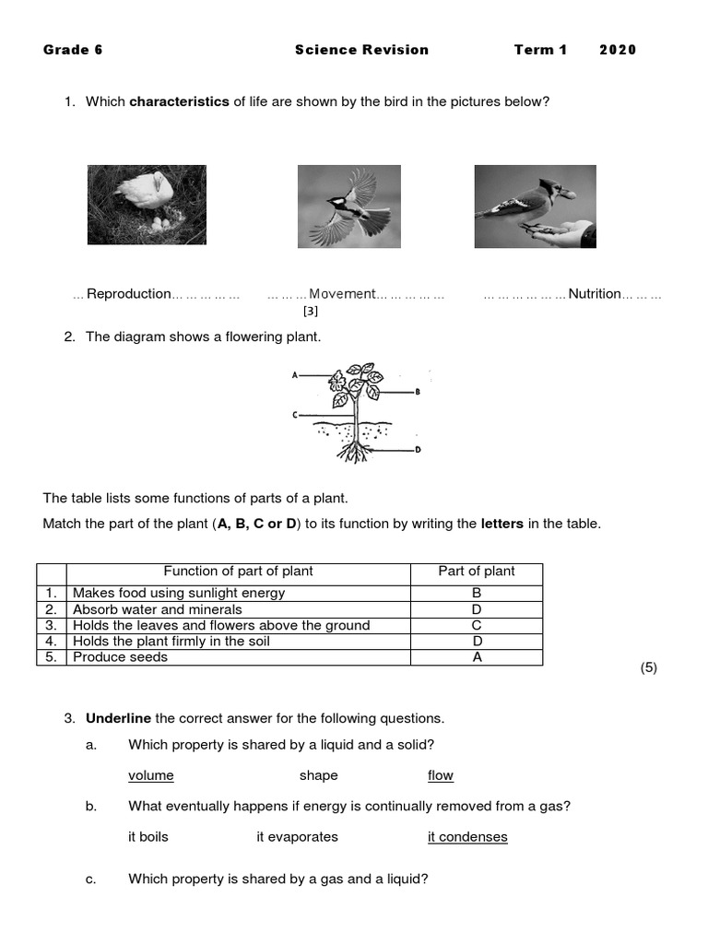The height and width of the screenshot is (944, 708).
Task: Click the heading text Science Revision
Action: pyautogui.click(x=361, y=50)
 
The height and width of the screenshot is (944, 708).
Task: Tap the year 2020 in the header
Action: pyautogui.click(x=618, y=50)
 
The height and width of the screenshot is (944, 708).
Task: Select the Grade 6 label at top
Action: pyautogui.click(x=73, y=50)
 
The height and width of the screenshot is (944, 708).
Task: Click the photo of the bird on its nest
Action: pyautogui.click(x=147, y=205)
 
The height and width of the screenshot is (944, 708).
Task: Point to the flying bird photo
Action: pyautogui.click(x=348, y=206)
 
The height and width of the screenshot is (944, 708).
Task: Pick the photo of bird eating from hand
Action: pyautogui.click(x=535, y=206)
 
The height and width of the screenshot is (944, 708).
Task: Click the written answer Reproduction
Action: pyautogui.click(x=128, y=294)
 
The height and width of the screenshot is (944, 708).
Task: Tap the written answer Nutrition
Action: pyautogui.click(x=595, y=294)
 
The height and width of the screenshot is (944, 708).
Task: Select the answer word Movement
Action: pyautogui.click(x=342, y=294)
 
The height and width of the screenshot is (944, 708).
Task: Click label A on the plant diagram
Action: pyautogui.click(x=294, y=375)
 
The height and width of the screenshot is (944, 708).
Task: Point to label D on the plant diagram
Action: pyautogui.click(x=419, y=450)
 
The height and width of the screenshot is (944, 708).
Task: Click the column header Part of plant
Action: pyautogui.click(x=477, y=572)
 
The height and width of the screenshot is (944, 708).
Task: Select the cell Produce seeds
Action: pyautogui.click(x=120, y=657)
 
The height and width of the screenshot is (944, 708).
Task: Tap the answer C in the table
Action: pyautogui.click(x=477, y=625)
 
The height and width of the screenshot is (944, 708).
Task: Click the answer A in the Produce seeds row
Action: pyautogui.click(x=477, y=657)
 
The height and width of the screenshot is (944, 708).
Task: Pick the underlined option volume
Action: pyautogui.click(x=151, y=775)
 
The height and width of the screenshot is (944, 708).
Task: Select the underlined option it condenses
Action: pyautogui.click(x=467, y=837)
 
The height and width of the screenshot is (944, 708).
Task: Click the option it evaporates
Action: pyautogui.click(x=297, y=837)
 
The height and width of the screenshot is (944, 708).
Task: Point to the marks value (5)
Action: pyautogui.click(x=648, y=668)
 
